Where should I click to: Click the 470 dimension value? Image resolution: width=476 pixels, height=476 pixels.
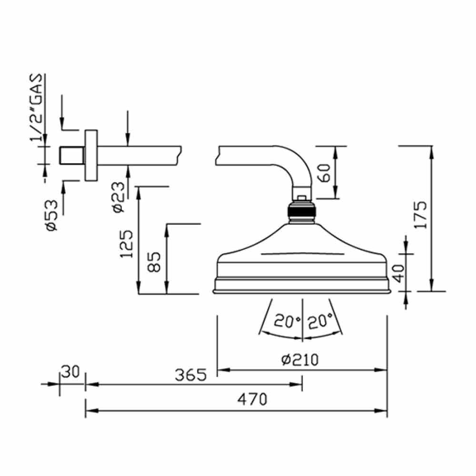(x=252, y=399)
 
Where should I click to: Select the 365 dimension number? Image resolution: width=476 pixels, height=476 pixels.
(x=191, y=375)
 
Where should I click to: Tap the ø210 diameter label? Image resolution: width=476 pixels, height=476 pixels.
(x=300, y=360)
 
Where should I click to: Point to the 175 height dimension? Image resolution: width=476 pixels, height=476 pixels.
(x=420, y=215)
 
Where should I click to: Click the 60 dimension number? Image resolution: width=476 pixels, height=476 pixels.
(x=324, y=173)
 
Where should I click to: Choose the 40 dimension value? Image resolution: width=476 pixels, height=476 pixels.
(x=398, y=273)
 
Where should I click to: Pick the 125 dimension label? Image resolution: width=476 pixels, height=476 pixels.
(x=127, y=244)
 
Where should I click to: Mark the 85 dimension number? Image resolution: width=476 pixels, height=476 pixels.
(x=154, y=262)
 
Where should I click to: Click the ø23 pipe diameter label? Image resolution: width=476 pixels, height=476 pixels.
(x=119, y=197)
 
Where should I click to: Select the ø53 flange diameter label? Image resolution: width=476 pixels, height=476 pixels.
(x=51, y=215)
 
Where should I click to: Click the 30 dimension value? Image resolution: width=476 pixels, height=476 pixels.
(x=70, y=372)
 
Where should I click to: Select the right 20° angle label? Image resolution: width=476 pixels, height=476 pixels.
(x=320, y=321)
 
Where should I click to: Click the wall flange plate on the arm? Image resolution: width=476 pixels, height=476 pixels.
(x=91, y=156)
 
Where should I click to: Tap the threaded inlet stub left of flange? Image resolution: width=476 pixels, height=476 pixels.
(x=72, y=156)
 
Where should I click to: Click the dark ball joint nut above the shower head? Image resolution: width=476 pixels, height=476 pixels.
(x=302, y=211)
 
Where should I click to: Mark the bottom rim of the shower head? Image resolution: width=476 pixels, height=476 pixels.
(x=302, y=292)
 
